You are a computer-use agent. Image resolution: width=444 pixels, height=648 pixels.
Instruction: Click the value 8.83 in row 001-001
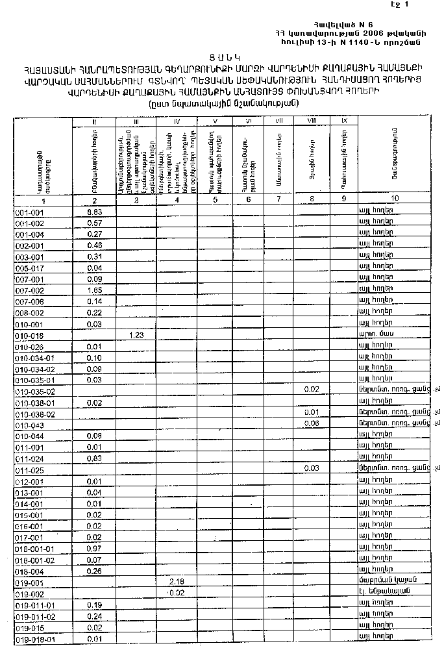pos(95,212)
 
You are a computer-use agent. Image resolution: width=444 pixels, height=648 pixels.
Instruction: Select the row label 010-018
pos(29,335)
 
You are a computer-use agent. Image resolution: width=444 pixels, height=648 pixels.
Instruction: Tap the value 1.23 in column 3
pos(136,335)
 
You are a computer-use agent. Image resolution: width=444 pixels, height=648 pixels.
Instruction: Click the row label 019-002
pos(29,593)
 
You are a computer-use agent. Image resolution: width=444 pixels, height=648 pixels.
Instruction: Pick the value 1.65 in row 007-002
pos(95,290)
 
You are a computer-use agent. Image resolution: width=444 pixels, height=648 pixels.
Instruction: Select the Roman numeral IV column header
pos(177,121)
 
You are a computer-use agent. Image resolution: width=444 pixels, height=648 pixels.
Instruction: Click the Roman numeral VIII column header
pos(312,121)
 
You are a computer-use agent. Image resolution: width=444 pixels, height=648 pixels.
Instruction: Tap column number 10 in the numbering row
pos(395,199)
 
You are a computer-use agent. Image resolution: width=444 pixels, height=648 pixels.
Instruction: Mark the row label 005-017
pos(29,268)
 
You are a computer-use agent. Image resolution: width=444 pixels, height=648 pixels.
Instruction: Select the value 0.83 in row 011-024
pos(95,458)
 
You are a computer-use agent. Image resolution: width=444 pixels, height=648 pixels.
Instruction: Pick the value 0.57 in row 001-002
pos(95,223)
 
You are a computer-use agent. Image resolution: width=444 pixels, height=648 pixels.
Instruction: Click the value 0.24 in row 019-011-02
pos(95,616)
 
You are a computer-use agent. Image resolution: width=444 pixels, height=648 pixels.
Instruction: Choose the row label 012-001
pos(29,481)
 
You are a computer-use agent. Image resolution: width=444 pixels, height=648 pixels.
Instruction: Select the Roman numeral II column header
pos(95,121)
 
